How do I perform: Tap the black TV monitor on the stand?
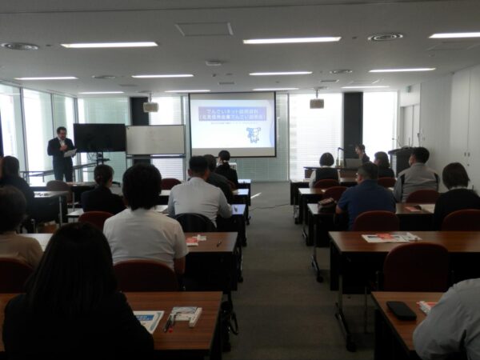(x=99, y=138)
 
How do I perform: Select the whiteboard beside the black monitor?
(x=155, y=140)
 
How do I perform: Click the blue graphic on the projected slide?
(x=253, y=134)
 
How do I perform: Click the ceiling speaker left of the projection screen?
(x=150, y=106)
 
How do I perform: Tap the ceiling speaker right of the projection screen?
(x=317, y=103)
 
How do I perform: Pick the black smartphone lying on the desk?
(x=401, y=310)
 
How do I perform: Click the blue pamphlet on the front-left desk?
(x=149, y=320)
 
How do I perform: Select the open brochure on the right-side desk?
(x=390, y=238)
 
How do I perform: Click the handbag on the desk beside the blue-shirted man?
(x=327, y=205)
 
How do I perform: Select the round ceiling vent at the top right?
(x=385, y=37)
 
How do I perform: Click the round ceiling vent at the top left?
(x=19, y=46)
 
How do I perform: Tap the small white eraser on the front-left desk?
(x=195, y=318)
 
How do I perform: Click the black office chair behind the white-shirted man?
(x=195, y=222)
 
